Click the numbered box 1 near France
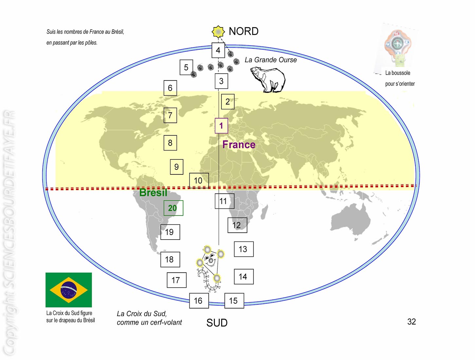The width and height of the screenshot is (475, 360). [221, 126]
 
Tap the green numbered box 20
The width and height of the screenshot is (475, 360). [173, 208]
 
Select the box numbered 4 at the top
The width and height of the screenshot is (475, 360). [218, 50]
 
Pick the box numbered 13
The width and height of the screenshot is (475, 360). [244, 249]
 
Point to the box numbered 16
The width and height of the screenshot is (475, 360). [199, 300]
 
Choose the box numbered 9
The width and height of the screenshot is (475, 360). [177, 167]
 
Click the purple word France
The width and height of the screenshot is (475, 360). [239, 144]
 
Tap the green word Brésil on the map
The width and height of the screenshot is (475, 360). [153, 192]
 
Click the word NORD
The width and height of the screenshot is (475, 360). [244, 31]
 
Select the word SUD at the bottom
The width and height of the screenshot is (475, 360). [217, 323]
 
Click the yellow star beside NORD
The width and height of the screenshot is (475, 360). [218, 32]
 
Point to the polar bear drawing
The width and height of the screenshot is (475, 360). [268, 79]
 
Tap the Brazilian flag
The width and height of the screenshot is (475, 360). [68, 290]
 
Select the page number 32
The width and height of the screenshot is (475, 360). [411, 321]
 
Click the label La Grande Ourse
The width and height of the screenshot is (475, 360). [271, 60]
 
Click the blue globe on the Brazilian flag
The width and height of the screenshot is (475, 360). [68, 290]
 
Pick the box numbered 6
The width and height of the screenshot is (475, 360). [170, 88]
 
